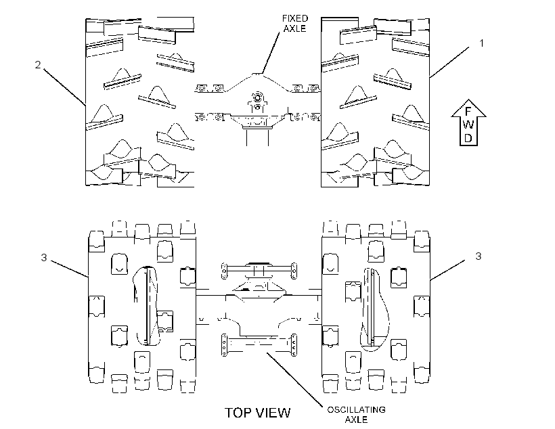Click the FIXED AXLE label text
click(x=295, y=24)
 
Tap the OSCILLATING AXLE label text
click(x=356, y=415)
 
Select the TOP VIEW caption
click(x=258, y=413)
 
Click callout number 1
click(x=481, y=43)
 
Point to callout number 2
click(x=38, y=65)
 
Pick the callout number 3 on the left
click(x=44, y=258)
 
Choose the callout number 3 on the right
click(x=479, y=256)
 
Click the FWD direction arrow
click(x=468, y=122)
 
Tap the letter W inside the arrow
click(x=468, y=125)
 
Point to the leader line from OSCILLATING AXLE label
click(x=295, y=379)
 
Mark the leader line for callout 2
click(x=65, y=87)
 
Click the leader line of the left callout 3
click(x=70, y=269)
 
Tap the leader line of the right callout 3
click(x=448, y=270)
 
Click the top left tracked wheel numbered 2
click(x=140, y=102)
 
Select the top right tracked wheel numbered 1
click(x=375, y=102)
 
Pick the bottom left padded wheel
click(x=141, y=307)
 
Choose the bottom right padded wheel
click(x=376, y=307)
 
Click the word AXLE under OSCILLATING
click(x=356, y=420)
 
